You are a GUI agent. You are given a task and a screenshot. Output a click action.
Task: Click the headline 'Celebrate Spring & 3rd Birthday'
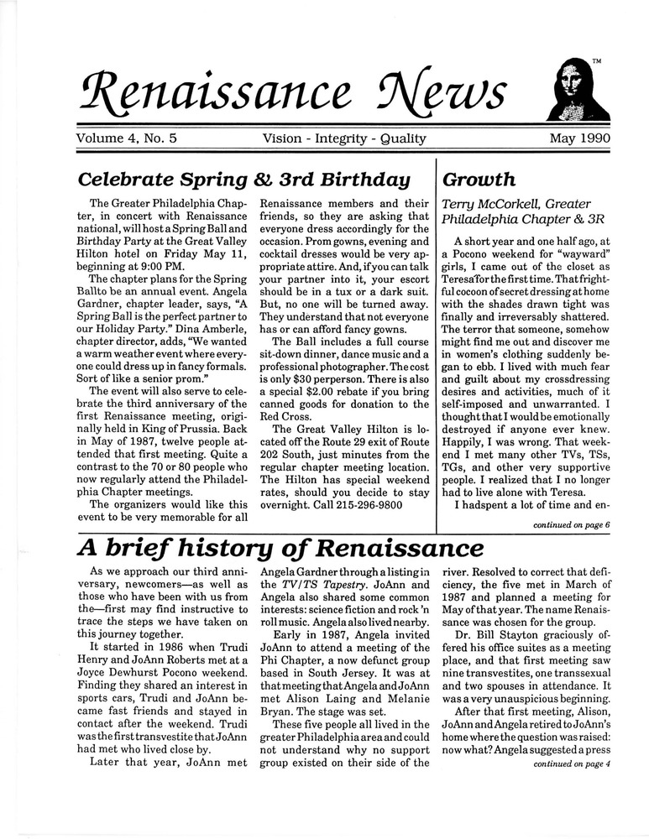pyautogui.click(x=243, y=180)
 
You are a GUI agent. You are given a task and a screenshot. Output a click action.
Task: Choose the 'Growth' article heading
pyautogui.click(x=479, y=180)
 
